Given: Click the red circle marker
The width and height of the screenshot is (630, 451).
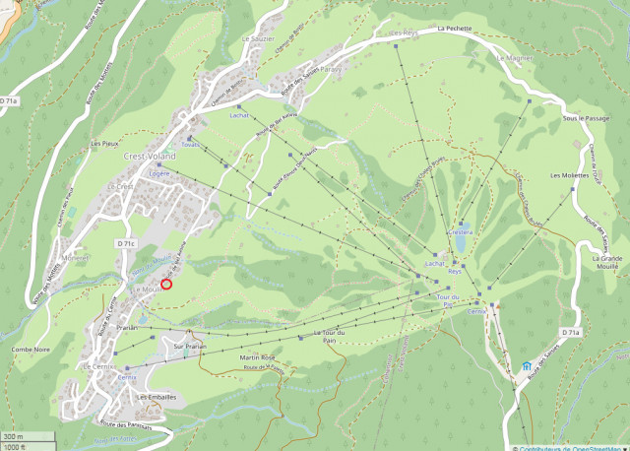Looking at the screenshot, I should pyautogui.click(x=166, y=285).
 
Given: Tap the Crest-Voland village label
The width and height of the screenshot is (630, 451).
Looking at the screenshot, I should pyautogui.click(x=150, y=157).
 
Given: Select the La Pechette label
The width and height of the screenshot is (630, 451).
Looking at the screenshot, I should pyautogui.click(x=456, y=29).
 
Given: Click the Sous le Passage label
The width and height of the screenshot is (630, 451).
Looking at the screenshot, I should pyautogui.click(x=582, y=118).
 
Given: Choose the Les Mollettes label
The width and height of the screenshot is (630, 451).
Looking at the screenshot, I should pyautogui.click(x=567, y=175).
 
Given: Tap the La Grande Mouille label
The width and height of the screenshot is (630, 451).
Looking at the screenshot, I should pyautogui.click(x=606, y=261).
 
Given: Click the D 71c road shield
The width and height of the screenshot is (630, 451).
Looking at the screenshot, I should pyautogui.click(x=125, y=242).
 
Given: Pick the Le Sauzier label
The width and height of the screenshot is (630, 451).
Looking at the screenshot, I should pyautogui.click(x=258, y=38).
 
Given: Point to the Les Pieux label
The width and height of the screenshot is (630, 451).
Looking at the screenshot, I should pyautogui.click(x=104, y=144).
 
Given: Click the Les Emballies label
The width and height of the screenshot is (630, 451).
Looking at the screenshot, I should pyautogui.click(x=157, y=397).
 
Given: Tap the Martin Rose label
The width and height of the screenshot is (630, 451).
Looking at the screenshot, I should pyautogui.click(x=254, y=357).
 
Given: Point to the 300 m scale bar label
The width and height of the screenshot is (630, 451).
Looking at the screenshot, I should pyautogui.click(x=12, y=435).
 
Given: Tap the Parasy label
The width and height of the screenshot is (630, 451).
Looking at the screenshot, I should pyautogui.click(x=330, y=70).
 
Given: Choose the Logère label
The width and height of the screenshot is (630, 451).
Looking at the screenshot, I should pyautogui.click(x=158, y=172).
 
